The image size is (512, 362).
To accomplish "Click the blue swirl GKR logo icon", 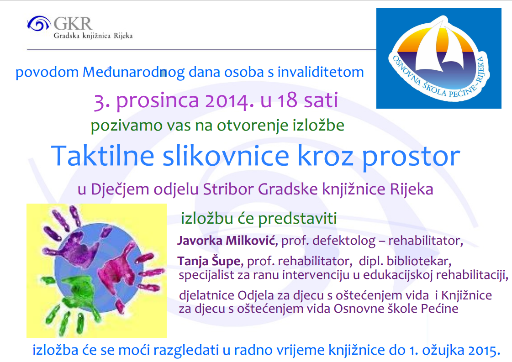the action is pyautogui.click(x=38, y=23).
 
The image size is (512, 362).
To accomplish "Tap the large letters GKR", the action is pyautogui.click(x=73, y=24).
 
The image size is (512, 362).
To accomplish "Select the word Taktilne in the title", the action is pyautogui.click(x=102, y=156).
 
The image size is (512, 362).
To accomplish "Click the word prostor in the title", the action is pyautogui.click(x=411, y=157).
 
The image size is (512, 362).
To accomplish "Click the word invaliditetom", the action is pyautogui.click(x=321, y=72).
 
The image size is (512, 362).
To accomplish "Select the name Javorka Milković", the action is pyautogui.click(x=227, y=241).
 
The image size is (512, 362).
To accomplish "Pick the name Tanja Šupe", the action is pyautogui.click(x=209, y=261).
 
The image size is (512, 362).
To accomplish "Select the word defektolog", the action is pyautogui.click(x=344, y=241).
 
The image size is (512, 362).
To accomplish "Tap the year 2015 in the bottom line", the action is pyautogui.click(x=484, y=350).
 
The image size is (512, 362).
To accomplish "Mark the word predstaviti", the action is pyautogui.click(x=297, y=218).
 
